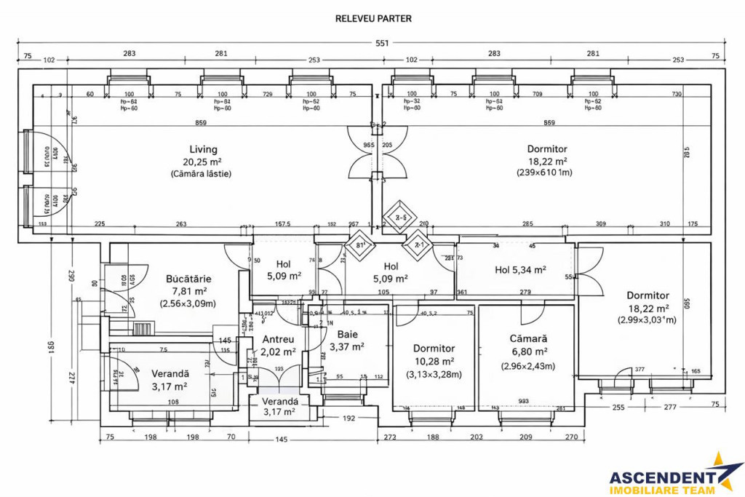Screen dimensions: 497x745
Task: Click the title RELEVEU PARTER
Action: tap(373, 18)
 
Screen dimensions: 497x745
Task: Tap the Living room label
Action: tap(204, 148)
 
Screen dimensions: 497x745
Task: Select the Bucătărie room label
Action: tap(188, 279)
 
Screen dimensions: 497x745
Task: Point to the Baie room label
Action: tap(347, 334)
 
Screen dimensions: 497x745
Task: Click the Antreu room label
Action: tap(278, 339)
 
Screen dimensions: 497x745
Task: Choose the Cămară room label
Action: tap(529, 339)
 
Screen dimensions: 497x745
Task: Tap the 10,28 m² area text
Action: tap(434, 362)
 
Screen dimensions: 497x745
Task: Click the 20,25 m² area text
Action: tap(204, 162)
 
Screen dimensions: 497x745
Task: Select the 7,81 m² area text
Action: tap(188, 291)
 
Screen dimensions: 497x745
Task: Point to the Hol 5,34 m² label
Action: tap(520, 270)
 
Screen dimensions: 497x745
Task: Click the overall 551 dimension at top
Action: tap(382, 44)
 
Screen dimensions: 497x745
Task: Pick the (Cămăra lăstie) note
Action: tap(202, 174)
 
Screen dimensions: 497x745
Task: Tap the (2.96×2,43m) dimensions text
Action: tap(528, 366)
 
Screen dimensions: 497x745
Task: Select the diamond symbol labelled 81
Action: tap(359, 245)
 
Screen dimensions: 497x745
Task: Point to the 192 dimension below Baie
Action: tap(348, 418)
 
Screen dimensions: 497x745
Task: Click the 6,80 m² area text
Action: tap(529, 352)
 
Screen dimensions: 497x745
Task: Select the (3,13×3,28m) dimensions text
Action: tap(434, 375)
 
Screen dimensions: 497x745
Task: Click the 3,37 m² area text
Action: tap(347, 347)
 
